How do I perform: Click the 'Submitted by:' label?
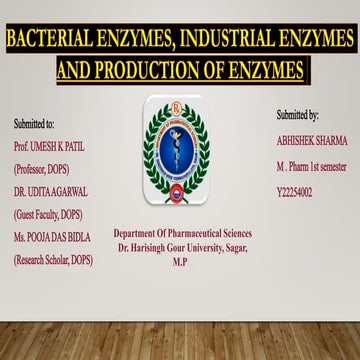(298, 116)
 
